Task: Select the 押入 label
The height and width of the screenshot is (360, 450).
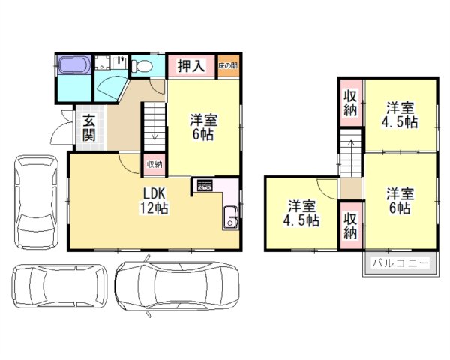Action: [191, 66]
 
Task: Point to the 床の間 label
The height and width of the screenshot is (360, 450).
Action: [228, 66]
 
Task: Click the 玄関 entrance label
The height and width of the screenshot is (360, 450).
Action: [88, 127]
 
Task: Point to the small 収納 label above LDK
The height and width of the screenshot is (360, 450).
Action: [153, 164]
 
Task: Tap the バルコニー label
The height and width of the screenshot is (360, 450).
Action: [400, 264]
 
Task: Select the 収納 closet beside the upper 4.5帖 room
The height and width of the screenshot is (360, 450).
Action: [350, 102]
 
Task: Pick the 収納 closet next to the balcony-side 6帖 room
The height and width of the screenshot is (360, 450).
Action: [350, 225]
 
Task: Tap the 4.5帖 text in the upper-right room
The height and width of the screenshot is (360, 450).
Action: [400, 123]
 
